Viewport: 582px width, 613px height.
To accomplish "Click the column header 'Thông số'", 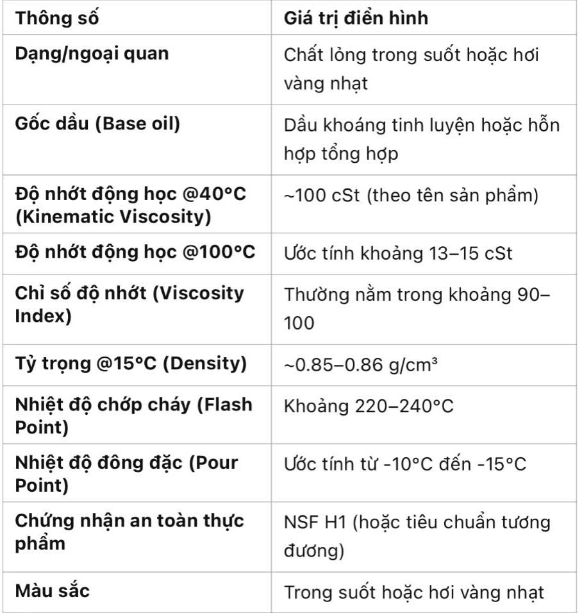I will pos(58,17).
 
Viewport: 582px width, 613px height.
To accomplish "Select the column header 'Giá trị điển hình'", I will pos(356,17).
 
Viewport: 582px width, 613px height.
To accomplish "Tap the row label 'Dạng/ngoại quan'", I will pos(92,53).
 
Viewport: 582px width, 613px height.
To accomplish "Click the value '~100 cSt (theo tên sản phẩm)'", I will pos(411,195).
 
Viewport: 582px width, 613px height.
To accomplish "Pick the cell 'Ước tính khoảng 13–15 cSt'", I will pos(398,253).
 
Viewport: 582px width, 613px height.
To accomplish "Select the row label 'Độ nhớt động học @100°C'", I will pos(135,252).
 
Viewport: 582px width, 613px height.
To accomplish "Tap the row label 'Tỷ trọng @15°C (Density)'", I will pos(131,364).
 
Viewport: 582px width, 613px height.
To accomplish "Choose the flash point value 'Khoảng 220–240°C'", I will pos(369,407).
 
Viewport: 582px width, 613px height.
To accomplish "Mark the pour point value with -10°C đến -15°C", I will pos(405,464).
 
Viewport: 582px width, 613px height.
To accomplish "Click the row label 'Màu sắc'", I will pos(53,590).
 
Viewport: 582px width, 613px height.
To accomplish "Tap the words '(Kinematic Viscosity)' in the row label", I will pos(113,217).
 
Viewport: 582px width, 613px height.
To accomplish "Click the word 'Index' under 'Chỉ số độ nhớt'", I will pos(43,315).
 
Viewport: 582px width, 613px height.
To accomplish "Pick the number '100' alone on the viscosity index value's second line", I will pos(299,323).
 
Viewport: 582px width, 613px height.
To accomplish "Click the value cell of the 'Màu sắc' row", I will pos(414,591).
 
